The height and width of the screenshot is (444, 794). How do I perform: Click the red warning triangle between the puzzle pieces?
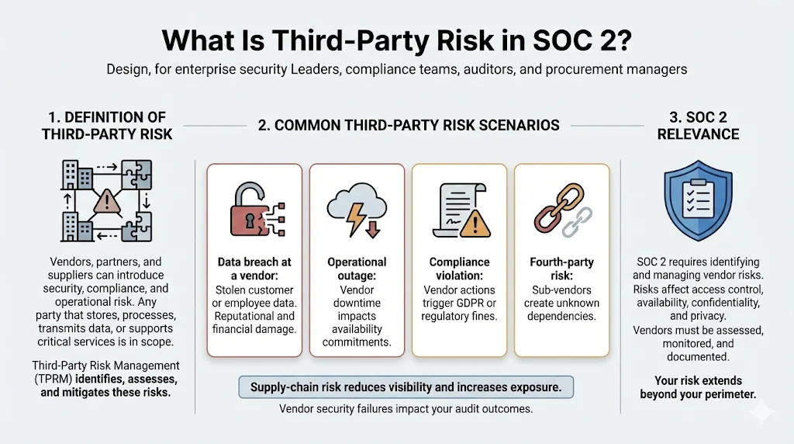(x=107, y=203)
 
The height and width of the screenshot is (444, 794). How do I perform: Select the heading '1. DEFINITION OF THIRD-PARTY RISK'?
(x=107, y=125)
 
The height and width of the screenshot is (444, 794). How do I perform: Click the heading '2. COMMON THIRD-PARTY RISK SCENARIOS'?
(x=408, y=125)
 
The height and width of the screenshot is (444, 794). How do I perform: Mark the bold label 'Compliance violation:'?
(x=460, y=269)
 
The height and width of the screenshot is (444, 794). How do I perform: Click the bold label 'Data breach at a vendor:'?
(x=254, y=269)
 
